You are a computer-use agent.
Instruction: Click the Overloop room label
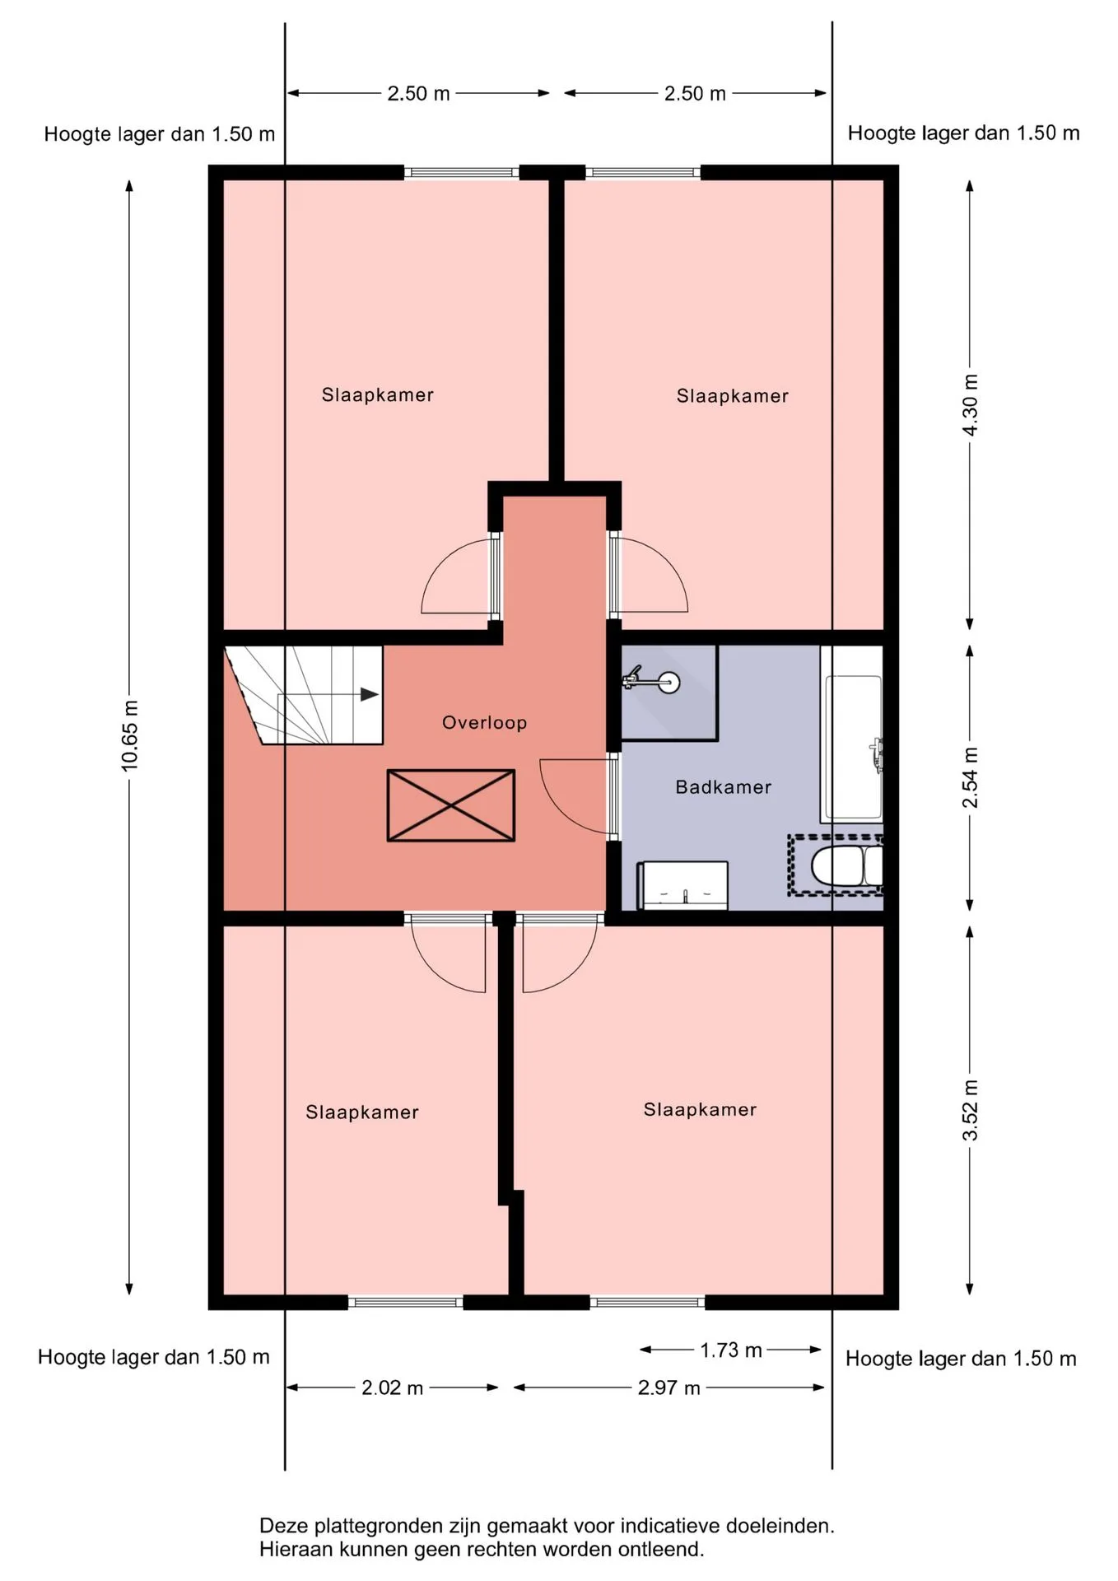pos(484,723)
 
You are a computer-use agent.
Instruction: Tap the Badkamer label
pos(724,787)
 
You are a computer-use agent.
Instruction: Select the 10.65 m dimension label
pos(130,736)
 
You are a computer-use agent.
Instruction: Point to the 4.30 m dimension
pos(971,405)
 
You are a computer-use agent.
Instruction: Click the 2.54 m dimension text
pos(971,777)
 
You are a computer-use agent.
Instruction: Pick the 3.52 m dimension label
pos(971,1110)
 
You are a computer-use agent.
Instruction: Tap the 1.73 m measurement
pos(731,1350)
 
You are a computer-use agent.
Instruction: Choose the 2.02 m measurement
pos(393,1388)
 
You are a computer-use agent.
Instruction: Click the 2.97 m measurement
pos(669,1388)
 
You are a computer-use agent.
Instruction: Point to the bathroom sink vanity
pos(683,886)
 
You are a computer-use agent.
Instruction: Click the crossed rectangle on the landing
pos(451,805)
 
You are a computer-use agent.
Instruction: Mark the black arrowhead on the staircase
pos(370,694)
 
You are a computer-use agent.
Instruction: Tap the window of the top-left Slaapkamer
pos(462,173)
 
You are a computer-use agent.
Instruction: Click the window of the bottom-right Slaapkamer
pos(648,1302)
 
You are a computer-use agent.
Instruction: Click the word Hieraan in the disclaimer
pos(292,1550)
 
